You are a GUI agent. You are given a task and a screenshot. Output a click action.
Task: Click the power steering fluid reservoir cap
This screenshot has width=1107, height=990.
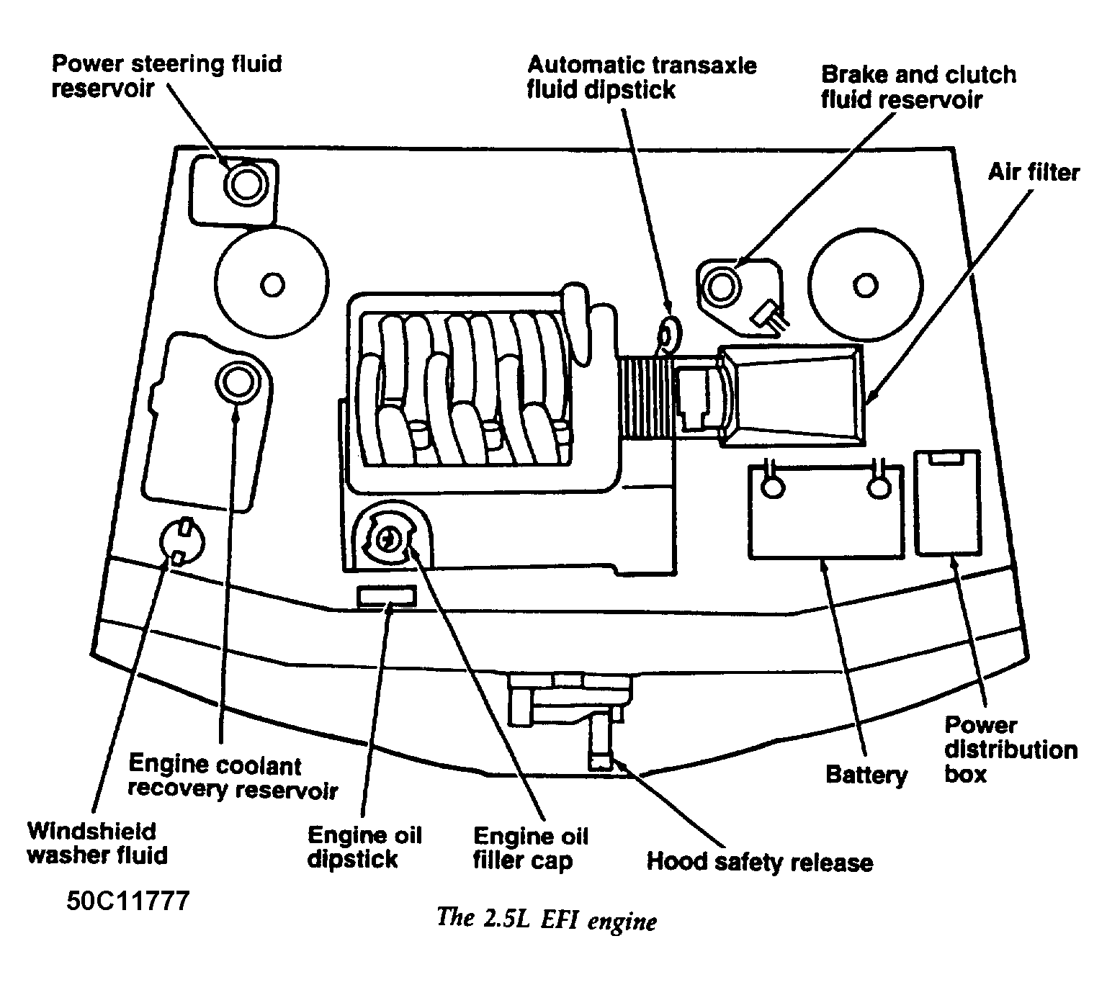click(243, 185)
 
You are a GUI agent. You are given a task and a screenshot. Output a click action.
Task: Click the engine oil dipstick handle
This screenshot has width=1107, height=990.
click(387, 596)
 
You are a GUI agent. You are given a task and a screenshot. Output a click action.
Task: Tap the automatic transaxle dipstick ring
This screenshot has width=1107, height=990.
click(671, 333)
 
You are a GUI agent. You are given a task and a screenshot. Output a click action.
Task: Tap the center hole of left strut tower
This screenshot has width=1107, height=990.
click(272, 285)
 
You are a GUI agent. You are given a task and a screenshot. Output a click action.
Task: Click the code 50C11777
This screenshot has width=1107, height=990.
click(128, 901)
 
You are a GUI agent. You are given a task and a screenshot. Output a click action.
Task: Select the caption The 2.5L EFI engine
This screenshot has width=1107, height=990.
click(547, 921)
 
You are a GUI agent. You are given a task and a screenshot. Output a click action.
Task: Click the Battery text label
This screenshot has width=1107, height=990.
click(866, 775)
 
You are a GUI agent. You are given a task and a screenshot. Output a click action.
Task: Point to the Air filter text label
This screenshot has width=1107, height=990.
click(1033, 173)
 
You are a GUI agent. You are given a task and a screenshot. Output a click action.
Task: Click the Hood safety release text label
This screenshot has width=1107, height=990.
click(759, 861)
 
